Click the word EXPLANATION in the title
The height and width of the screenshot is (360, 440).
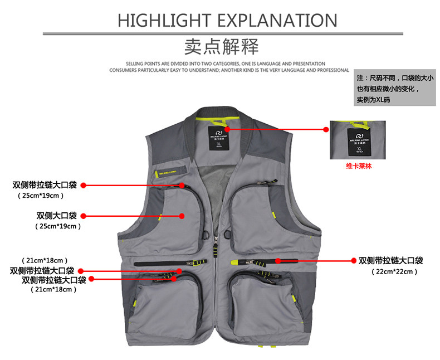pyautogui.click(x=276, y=20)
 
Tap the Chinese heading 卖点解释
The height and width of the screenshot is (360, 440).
pyautogui.click(x=222, y=45)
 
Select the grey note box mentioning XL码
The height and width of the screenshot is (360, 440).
pyautogui.click(x=395, y=89)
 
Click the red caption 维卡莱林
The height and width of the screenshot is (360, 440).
pyautogui.click(x=358, y=165)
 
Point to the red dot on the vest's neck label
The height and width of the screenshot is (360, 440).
pyautogui.click(x=227, y=129)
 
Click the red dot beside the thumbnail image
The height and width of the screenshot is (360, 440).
pyautogui.click(x=326, y=129)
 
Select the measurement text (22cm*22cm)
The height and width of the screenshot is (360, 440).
pyautogui.click(x=394, y=271)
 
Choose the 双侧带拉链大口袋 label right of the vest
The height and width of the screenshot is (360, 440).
pyautogui.click(x=390, y=260)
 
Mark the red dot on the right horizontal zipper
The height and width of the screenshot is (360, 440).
pyautogui.click(x=278, y=260)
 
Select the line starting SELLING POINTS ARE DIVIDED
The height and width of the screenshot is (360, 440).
pyautogui.click(x=226, y=64)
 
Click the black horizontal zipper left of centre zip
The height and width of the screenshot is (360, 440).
pyautogui.click(x=167, y=262)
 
